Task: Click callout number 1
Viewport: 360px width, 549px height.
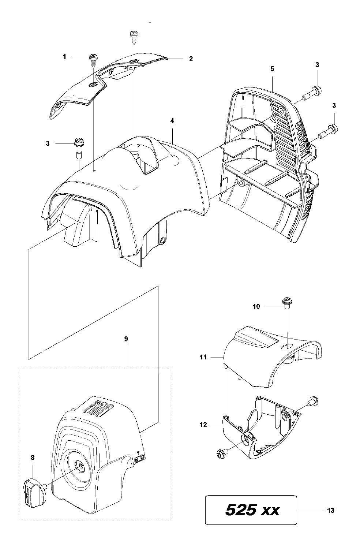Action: (x=64, y=57)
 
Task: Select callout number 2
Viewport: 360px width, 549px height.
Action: (x=191, y=59)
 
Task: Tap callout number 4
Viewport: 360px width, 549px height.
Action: (x=172, y=121)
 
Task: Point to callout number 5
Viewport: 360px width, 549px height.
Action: (x=272, y=69)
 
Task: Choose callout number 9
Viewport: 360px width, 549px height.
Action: (x=126, y=339)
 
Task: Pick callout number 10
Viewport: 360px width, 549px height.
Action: (x=256, y=306)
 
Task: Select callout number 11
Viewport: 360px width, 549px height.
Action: (x=203, y=357)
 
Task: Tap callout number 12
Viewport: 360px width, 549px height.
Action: (x=203, y=425)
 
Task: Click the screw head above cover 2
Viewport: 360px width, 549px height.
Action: (x=134, y=33)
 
